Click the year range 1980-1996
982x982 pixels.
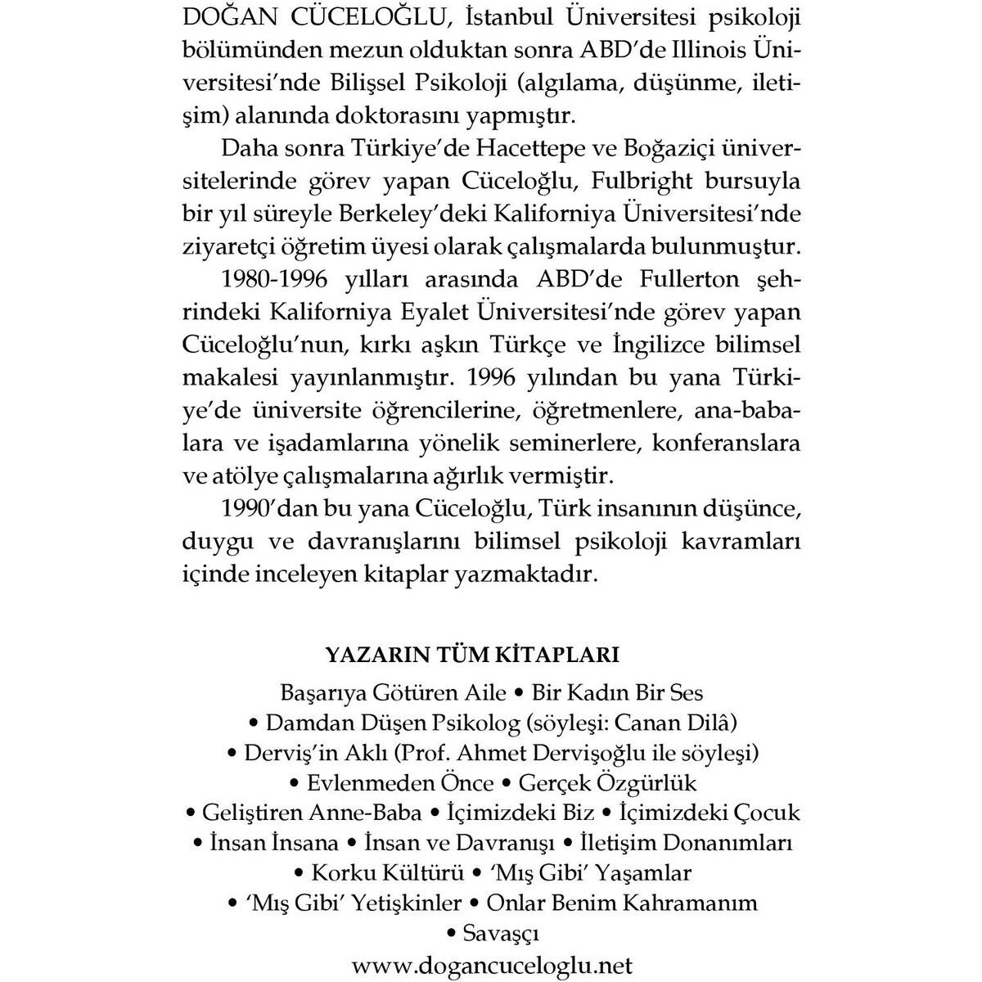click(274, 280)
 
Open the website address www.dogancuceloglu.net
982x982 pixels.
click(491, 963)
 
